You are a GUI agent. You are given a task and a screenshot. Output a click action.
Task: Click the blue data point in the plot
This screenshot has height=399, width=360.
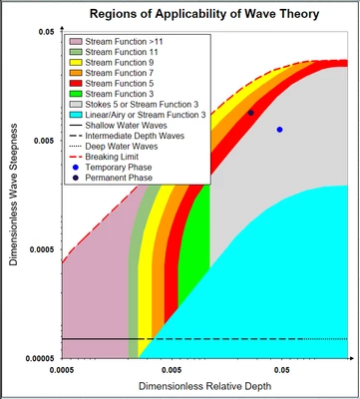pyautogui.click(x=280, y=130)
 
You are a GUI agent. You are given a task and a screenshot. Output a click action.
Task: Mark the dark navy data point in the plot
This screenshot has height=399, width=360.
pyautogui.click(x=250, y=113)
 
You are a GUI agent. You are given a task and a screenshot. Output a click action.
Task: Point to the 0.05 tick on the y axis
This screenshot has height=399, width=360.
pyautogui.click(x=46, y=33)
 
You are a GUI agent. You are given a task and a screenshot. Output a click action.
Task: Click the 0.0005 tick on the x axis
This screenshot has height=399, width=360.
pyautogui.click(x=62, y=369)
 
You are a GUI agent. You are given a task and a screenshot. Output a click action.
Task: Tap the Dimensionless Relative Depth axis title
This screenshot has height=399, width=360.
pyautogui.click(x=204, y=385)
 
